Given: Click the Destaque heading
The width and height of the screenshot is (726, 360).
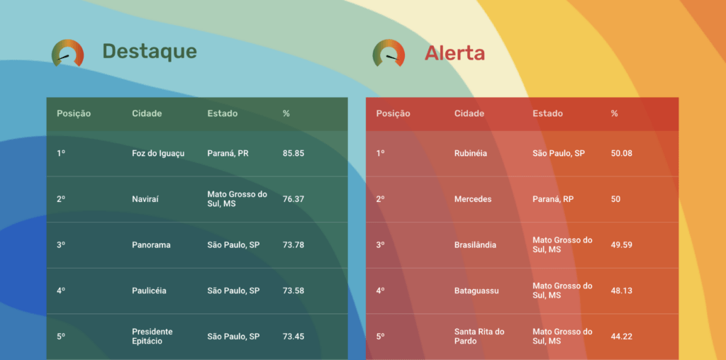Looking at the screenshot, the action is [x=150, y=51].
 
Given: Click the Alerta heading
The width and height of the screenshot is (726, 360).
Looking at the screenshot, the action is [x=454, y=53].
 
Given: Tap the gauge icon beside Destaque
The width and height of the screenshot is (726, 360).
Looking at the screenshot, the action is [x=67, y=52].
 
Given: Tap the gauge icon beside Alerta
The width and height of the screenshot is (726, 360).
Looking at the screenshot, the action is [x=389, y=52].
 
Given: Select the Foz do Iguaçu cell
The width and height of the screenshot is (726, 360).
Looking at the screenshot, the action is [x=158, y=153].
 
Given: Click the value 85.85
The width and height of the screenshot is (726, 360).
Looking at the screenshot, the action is [x=294, y=153].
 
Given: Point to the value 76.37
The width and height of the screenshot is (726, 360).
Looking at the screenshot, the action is [x=294, y=199].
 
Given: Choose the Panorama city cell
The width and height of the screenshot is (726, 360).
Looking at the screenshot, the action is [x=151, y=244].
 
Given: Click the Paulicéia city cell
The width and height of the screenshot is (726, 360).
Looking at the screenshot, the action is [x=149, y=291].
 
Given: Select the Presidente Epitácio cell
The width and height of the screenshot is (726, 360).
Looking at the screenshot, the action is [x=152, y=337].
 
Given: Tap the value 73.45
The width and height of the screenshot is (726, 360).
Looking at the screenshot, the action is [x=294, y=337].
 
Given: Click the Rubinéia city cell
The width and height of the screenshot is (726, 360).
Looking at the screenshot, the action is [x=471, y=153].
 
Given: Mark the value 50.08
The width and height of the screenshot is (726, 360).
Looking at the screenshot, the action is [x=621, y=153].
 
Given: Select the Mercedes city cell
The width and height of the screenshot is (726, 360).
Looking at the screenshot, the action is [x=473, y=199].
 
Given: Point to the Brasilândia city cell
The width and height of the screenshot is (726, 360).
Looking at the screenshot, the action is [x=475, y=244].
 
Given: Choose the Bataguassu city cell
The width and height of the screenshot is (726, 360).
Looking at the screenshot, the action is [x=476, y=291].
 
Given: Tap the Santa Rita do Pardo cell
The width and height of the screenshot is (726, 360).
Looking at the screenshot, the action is [x=479, y=337].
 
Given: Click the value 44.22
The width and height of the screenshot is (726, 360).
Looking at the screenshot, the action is [x=621, y=337].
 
